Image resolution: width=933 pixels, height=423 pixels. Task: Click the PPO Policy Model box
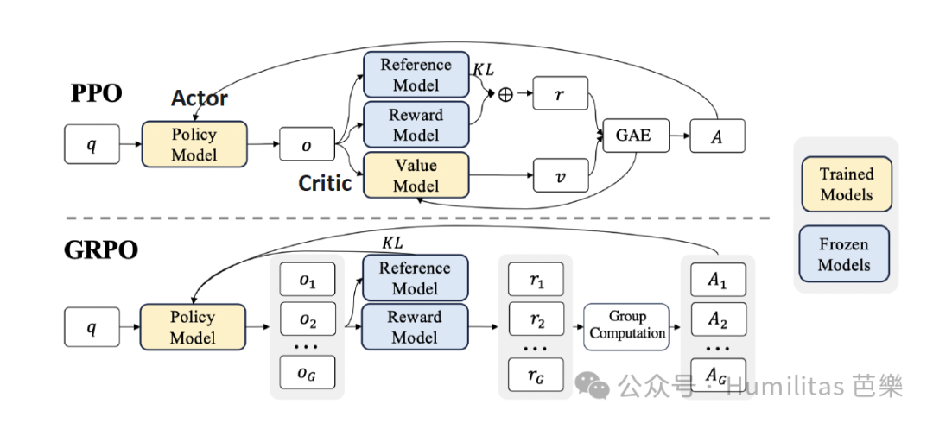click(x=194, y=144)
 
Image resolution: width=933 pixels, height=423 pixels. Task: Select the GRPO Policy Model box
click(x=192, y=327)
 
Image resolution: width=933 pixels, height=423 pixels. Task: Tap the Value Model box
click(x=416, y=175)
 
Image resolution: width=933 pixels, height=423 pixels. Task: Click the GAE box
click(x=633, y=136)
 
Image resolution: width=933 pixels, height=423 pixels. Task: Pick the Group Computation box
click(x=628, y=325)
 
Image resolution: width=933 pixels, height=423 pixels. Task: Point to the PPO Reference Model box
click(x=416, y=74)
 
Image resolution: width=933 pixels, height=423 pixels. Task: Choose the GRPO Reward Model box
click(x=416, y=327)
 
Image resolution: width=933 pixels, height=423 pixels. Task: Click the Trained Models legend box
click(x=847, y=184)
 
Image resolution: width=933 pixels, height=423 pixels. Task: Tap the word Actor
click(x=200, y=98)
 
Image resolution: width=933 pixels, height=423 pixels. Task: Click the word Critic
click(x=325, y=183)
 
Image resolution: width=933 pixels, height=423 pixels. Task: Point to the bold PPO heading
click(x=96, y=94)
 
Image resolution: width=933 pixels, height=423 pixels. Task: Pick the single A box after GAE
click(x=717, y=136)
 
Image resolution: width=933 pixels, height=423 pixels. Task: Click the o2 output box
click(x=308, y=319)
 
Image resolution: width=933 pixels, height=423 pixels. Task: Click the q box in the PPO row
click(x=92, y=144)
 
